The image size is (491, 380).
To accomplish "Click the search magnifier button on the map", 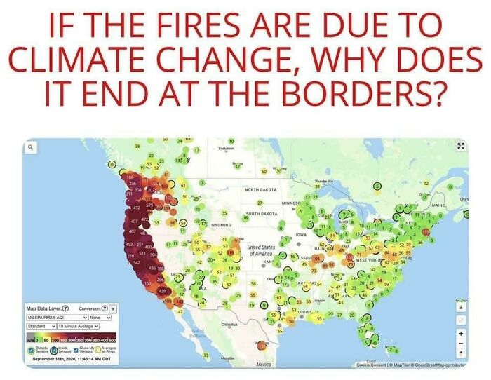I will [x=32, y=148].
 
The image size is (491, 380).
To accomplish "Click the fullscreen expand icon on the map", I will [x=461, y=147].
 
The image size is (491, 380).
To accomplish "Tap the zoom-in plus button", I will [x=460, y=334].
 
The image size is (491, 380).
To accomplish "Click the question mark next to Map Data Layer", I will [x=65, y=308].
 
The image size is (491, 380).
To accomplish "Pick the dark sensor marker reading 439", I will [x=162, y=290].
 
